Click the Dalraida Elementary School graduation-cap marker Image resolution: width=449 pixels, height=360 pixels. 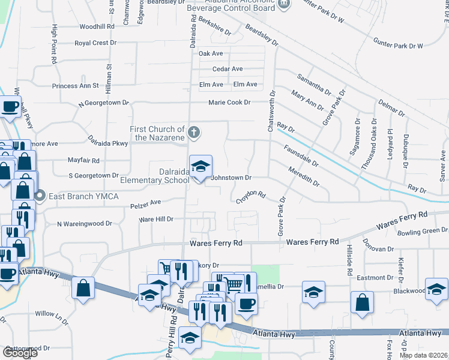(x=201, y=166)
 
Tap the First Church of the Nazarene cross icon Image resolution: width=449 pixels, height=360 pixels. (x=193, y=131)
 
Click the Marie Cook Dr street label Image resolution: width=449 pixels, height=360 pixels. (x=229, y=103)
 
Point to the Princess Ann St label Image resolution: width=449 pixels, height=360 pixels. (x=75, y=86)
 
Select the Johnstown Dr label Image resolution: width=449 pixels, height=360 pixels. (x=231, y=178)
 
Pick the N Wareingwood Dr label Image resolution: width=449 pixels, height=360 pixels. (x=84, y=224)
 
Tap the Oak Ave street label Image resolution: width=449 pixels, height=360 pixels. (x=211, y=53)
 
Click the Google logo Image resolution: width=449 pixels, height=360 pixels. (x=19, y=352)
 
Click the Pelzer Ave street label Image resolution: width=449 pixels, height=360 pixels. (x=146, y=205)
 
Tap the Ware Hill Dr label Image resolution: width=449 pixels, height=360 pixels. (x=156, y=220)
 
